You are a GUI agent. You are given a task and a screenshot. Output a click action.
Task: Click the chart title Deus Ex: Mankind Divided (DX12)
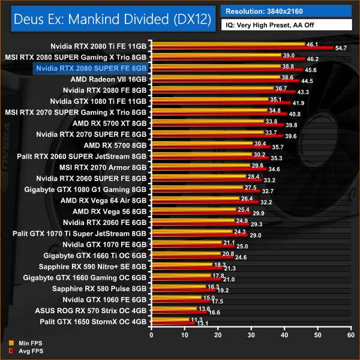click(x=110, y=19)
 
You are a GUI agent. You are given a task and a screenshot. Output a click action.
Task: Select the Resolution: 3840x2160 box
click(x=285, y=11)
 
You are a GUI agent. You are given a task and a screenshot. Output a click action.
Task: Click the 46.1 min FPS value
click(x=312, y=44)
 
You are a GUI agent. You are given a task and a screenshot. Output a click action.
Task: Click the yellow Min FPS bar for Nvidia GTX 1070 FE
click(x=185, y=242)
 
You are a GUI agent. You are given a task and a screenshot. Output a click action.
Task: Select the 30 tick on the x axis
click(x=251, y=334)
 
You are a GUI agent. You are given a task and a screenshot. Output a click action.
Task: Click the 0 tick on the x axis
click(x=152, y=334)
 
